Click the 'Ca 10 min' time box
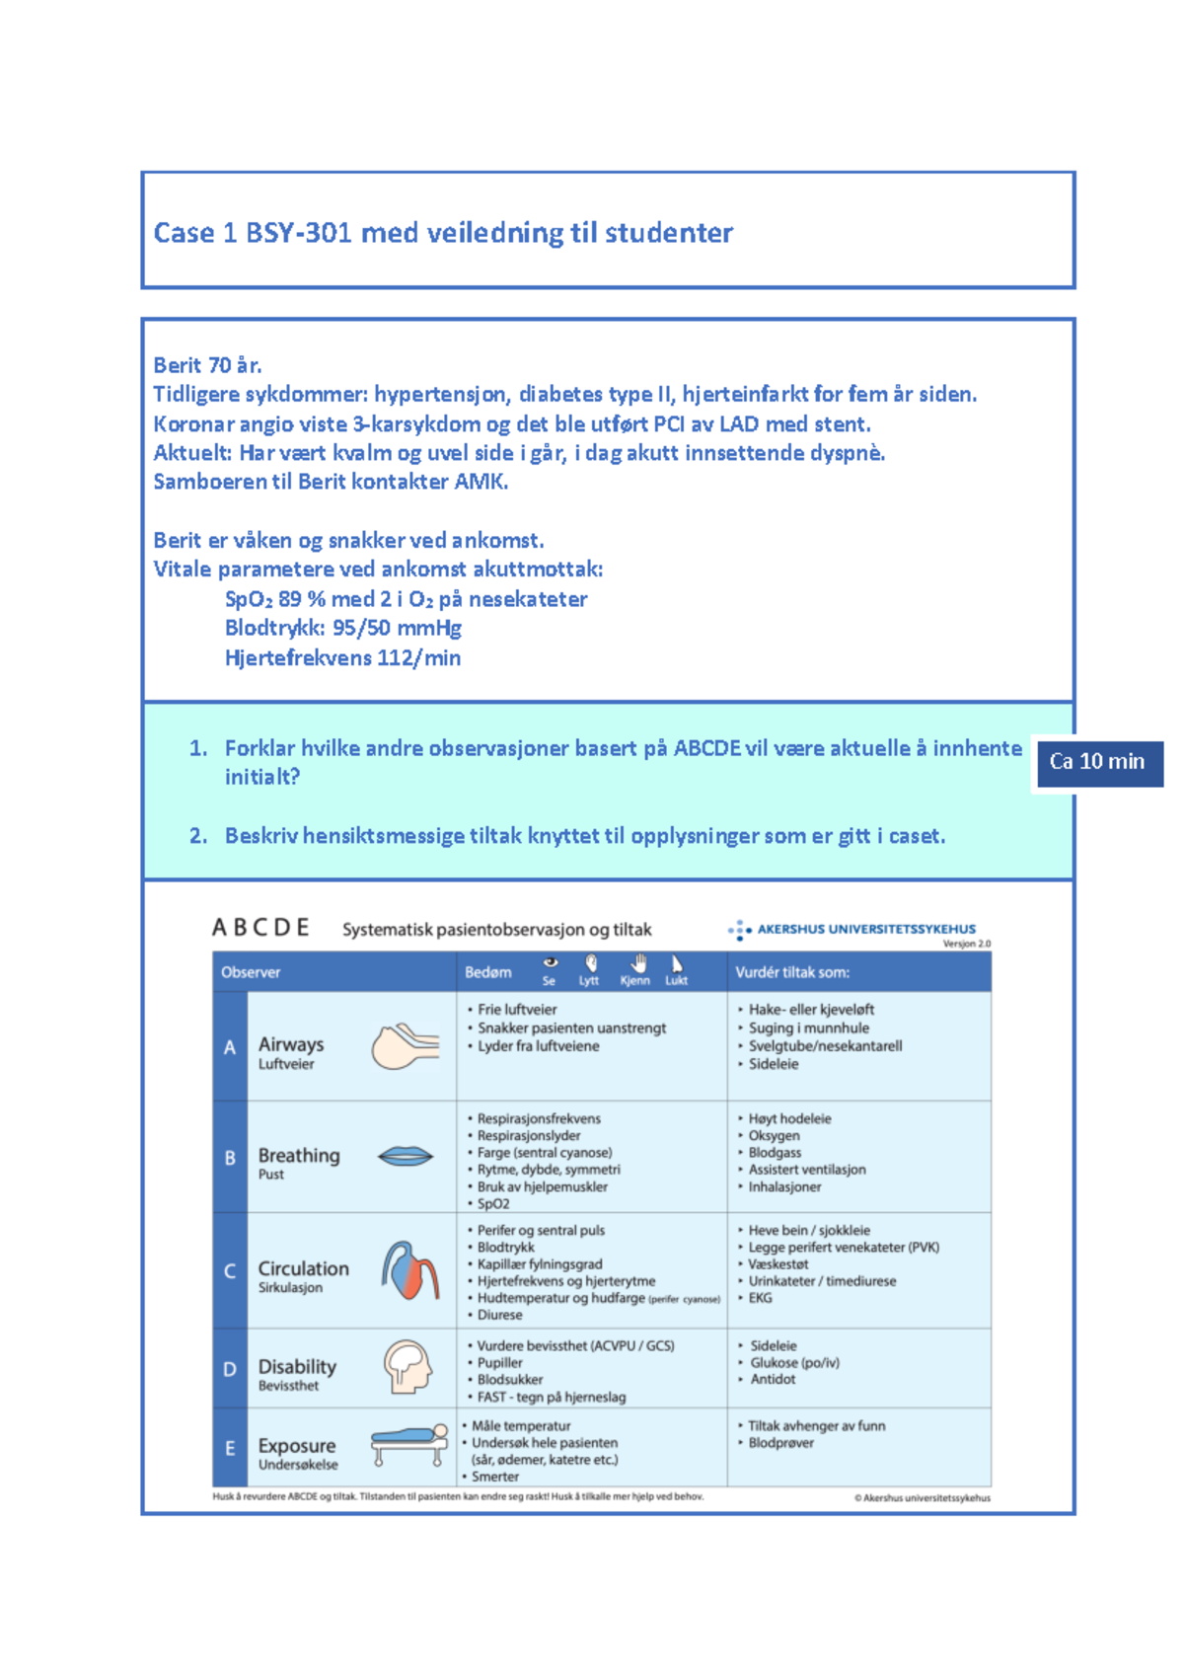point(1098,763)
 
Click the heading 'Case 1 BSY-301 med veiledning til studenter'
point(443,233)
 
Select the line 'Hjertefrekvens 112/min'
point(342,658)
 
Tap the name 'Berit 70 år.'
point(207,365)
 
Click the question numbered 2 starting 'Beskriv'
point(584,836)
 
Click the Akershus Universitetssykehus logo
point(852,929)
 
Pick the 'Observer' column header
point(251,972)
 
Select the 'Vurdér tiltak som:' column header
point(792,972)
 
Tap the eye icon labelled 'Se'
point(551,963)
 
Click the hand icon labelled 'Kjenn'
point(638,963)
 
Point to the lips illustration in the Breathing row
point(405,1156)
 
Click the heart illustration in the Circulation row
point(409,1270)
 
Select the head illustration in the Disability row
point(407,1367)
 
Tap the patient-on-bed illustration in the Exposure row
point(408,1445)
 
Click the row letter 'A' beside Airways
point(230,1047)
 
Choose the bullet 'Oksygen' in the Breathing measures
point(775,1136)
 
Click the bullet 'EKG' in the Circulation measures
point(761,1298)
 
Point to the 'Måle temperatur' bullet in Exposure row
point(521,1426)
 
